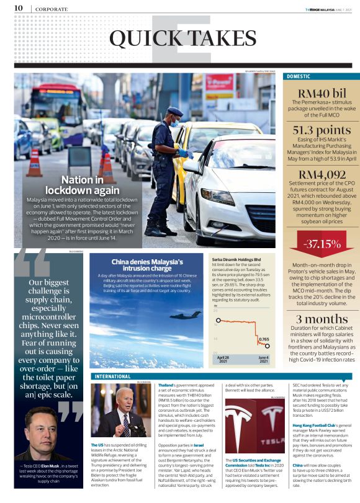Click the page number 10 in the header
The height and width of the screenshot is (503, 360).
pos(19,8)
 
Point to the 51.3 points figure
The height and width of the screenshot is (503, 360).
pos(317,130)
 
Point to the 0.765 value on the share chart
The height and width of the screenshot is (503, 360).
pos(263,340)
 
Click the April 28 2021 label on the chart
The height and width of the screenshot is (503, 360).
pos(224,360)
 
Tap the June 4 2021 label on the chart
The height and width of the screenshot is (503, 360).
pos(263,360)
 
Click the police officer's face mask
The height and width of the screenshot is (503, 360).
pos(175,123)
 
